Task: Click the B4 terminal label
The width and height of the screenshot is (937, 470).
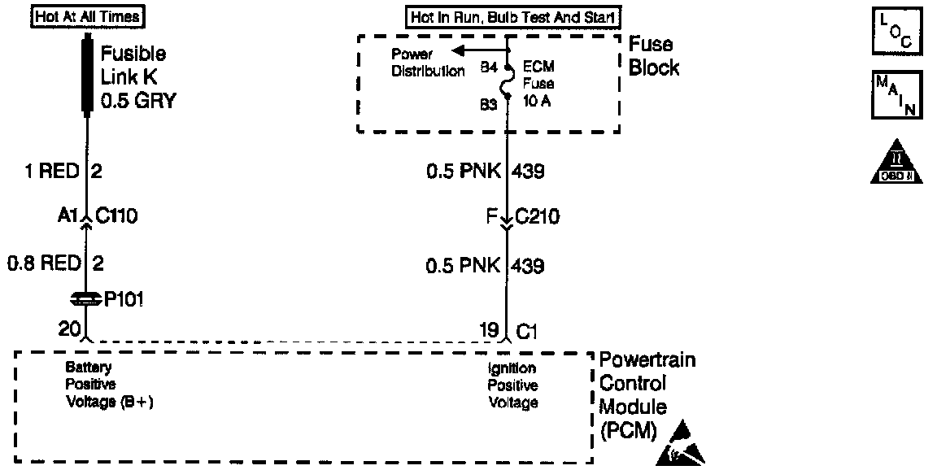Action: click(489, 68)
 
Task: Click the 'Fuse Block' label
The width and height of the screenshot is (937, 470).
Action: click(653, 56)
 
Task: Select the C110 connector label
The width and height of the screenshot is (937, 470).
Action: click(117, 217)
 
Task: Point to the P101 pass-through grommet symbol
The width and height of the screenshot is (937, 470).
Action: click(85, 299)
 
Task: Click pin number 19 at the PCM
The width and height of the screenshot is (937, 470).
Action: click(488, 329)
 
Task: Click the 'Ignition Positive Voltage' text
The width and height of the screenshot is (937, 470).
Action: click(512, 385)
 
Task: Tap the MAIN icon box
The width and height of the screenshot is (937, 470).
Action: click(896, 94)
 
